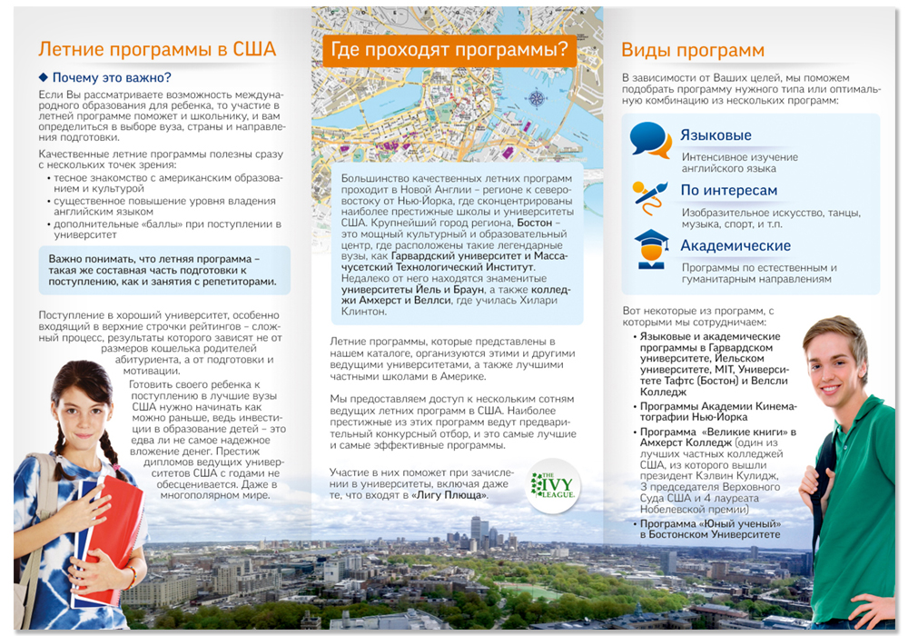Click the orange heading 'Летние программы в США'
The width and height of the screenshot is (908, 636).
(156, 49)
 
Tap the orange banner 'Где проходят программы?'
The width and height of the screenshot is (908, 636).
(449, 49)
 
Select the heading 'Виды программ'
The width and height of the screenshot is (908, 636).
(693, 50)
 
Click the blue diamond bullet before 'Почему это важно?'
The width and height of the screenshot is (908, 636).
(42, 77)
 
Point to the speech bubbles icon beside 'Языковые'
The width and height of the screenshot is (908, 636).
(650, 139)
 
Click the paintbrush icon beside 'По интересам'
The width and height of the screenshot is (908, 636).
(650, 194)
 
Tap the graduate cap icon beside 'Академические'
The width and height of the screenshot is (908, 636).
(651, 248)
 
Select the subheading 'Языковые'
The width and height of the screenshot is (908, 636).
(716, 135)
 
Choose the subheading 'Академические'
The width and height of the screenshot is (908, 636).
(735, 245)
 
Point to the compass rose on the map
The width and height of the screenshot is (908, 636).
(536, 98)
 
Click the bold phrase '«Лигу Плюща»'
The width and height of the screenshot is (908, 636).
(448, 495)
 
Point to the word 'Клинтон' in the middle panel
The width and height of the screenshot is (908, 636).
(363, 311)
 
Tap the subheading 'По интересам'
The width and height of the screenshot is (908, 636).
(728, 190)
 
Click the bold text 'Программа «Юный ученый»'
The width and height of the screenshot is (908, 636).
(709, 523)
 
